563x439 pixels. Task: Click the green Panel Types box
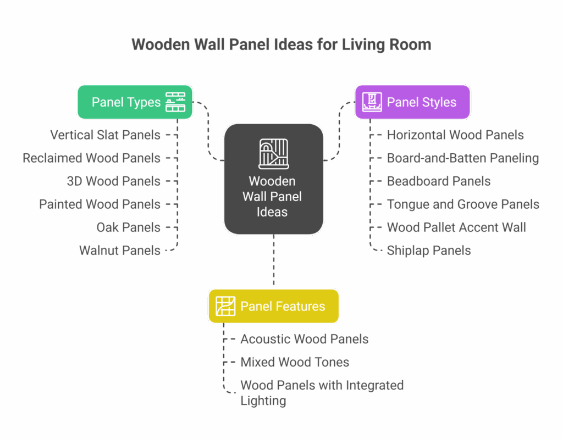134,102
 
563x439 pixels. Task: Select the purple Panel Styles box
412,102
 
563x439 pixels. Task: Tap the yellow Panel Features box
273,306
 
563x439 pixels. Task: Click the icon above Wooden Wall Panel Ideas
273,153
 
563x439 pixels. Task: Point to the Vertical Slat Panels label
106,135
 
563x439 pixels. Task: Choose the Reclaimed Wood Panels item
92,158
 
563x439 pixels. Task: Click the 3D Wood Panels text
114,181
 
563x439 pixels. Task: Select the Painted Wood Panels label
100,204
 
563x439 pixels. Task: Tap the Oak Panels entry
129,227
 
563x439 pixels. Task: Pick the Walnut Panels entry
120,251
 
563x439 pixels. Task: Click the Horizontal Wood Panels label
455,135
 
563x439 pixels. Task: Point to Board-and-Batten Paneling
463,158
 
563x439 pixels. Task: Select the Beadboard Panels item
439,181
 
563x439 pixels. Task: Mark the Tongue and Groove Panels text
463,204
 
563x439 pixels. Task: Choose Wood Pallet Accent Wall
456,227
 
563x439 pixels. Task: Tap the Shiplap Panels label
429,251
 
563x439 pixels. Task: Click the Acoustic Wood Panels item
305,339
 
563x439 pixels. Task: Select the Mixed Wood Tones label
295,362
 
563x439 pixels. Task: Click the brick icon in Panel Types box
175,102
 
